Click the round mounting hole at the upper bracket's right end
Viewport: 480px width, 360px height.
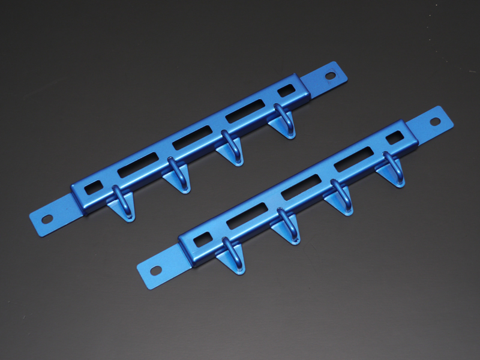(x=331, y=76)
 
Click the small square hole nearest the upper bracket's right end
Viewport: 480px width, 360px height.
(x=287, y=90)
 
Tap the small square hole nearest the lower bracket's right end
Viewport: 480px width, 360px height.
(x=394, y=137)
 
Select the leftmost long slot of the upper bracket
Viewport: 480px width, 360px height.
(x=138, y=165)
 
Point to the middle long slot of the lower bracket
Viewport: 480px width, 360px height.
(x=300, y=187)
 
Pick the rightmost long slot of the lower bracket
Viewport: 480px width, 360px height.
(x=353, y=159)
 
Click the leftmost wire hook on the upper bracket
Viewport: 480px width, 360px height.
(x=120, y=202)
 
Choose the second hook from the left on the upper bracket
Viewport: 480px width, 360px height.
(x=175, y=175)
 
